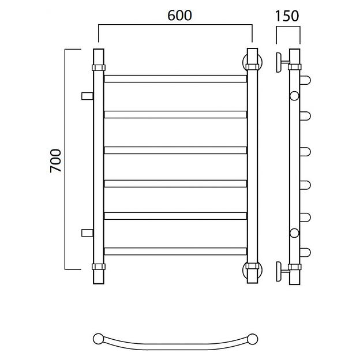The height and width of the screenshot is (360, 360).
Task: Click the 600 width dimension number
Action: coord(179,16)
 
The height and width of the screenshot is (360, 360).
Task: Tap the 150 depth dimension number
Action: coord(287,16)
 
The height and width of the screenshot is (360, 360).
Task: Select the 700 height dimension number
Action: coord(55,160)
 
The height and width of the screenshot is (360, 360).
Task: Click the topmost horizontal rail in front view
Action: coord(175,78)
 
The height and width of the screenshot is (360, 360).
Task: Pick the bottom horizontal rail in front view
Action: coord(175,251)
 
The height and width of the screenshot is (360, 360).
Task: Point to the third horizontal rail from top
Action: coord(175,150)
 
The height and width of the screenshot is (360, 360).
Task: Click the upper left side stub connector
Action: coord(87,96)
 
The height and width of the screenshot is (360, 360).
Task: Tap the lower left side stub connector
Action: coord(87,233)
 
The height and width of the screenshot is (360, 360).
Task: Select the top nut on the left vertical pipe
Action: coord(99,67)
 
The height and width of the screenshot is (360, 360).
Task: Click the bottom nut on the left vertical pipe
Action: coord(99,267)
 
